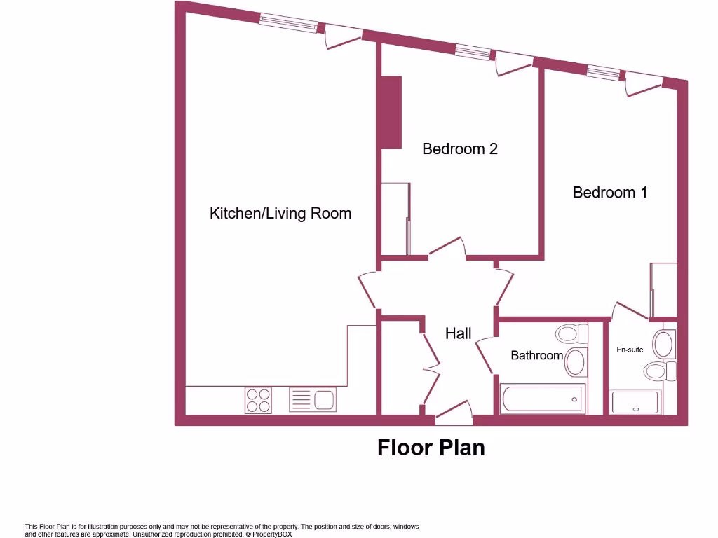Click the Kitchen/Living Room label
coord(280,213)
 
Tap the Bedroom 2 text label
coord(460,149)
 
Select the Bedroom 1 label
coord(610,192)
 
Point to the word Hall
coord(459,333)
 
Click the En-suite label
coord(630,349)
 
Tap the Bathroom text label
coord(536,355)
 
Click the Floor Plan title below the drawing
coord(431,447)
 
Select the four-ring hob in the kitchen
coord(258,400)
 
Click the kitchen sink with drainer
coord(312,400)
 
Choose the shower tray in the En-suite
coord(635,402)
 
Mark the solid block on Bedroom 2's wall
coord(390,112)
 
